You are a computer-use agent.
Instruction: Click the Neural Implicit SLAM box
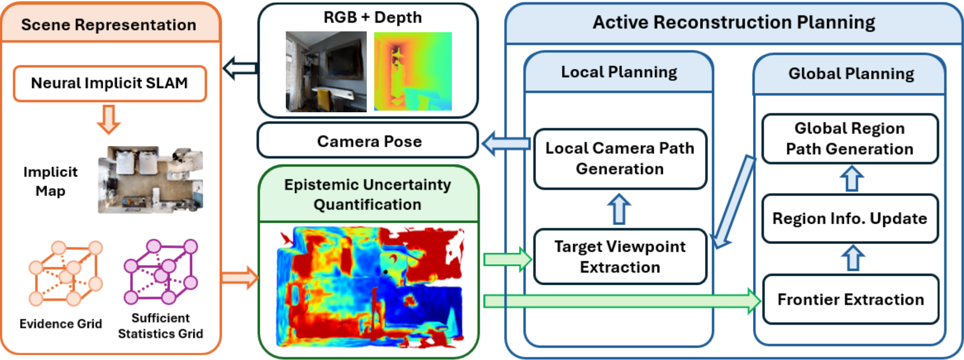109,83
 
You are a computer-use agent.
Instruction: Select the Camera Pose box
369,141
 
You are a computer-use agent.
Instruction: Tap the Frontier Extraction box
850,299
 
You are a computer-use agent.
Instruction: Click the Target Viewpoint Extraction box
620,257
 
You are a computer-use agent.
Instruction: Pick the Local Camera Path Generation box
620,159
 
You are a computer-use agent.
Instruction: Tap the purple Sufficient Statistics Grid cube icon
161,271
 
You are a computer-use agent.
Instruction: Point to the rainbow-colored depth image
413,71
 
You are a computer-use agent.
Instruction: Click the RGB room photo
326,71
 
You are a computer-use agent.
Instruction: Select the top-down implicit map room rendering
150,180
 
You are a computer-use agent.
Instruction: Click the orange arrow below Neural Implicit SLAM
109,119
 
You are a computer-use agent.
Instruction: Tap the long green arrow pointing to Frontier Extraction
620,301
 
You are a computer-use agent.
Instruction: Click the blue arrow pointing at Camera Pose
506,143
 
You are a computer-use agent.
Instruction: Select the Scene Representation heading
109,25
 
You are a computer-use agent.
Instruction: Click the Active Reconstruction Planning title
734,23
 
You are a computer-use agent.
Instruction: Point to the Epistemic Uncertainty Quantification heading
368,194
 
